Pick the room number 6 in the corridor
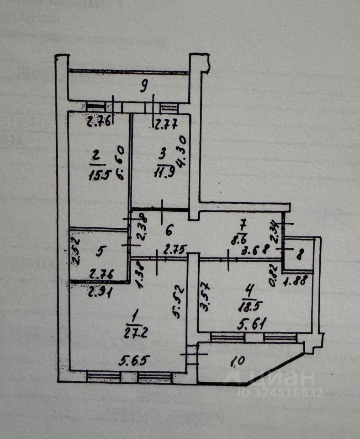(x=169, y=230)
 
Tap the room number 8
(x=299, y=256)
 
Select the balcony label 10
(x=238, y=361)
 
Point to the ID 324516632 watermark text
(x=282, y=392)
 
